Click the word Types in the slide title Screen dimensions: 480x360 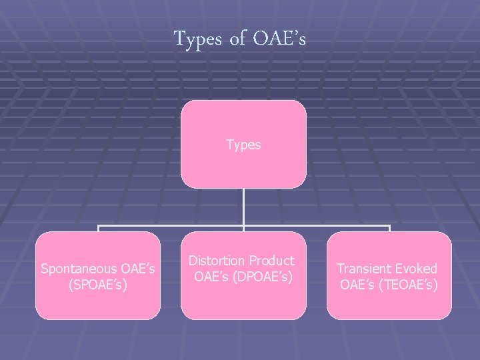click(x=199, y=39)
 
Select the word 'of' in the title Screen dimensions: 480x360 click(x=238, y=39)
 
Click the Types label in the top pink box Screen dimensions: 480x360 click(x=243, y=145)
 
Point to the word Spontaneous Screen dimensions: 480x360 click(x=79, y=269)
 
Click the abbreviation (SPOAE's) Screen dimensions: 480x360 click(x=98, y=283)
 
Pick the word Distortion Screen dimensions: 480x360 click(x=214, y=259)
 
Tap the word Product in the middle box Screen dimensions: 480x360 click(x=271, y=259)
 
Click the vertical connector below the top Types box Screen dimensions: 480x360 click(x=243, y=207)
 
